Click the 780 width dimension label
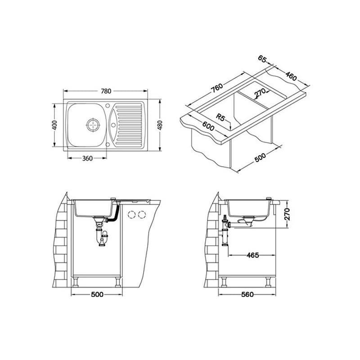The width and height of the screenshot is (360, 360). (106, 91)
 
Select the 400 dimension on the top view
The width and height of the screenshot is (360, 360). (54, 125)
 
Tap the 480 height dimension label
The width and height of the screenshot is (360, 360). (160, 125)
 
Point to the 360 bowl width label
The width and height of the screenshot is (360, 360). (87, 158)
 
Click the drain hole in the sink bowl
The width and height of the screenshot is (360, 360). (93, 125)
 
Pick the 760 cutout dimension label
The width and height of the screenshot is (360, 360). (217, 88)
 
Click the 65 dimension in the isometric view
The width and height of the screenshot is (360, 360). (262, 58)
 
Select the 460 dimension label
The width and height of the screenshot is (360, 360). (291, 76)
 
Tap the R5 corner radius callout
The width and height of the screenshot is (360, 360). (220, 117)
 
